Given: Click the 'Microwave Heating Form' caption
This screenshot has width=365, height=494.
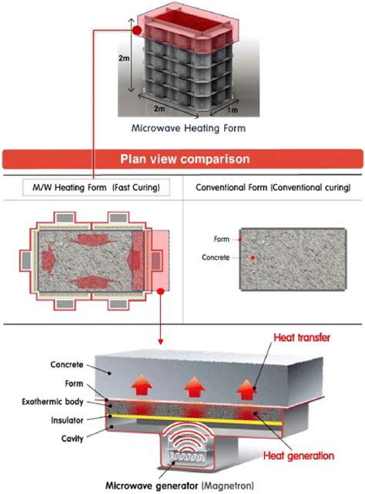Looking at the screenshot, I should pyautogui.click(x=182, y=129).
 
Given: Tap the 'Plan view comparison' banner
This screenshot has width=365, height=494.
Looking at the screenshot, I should pyautogui.click(x=182, y=160).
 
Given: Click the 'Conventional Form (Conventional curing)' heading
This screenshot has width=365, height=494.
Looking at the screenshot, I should pyautogui.click(x=273, y=188).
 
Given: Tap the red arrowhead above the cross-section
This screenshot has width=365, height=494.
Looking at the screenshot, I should pyautogui.click(x=159, y=338).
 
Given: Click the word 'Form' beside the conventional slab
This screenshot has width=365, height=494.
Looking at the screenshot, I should pyautogui.click(x=222, y=239).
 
